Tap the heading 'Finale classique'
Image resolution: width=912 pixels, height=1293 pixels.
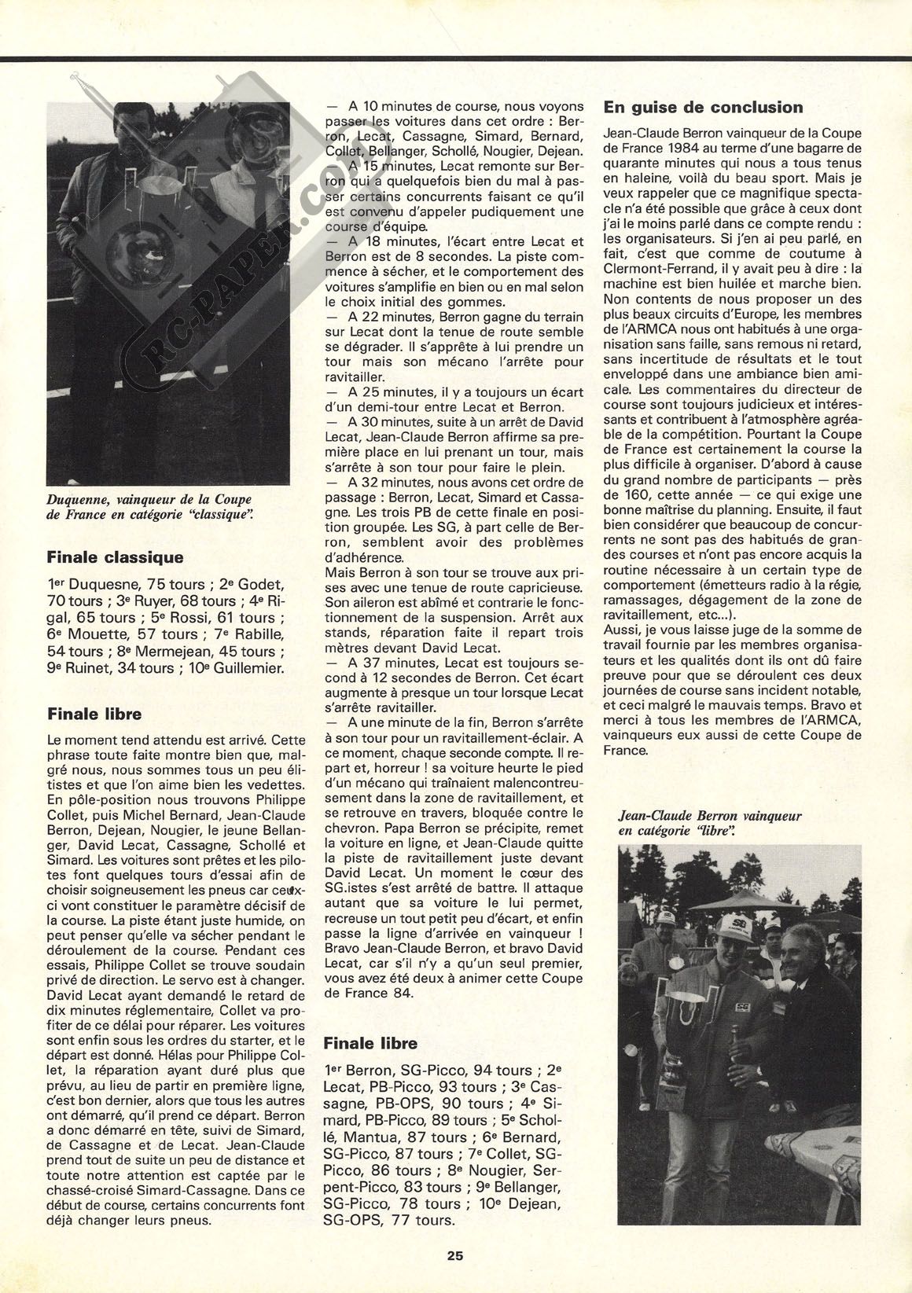coord(115,557)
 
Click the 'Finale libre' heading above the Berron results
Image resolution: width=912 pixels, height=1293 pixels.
coord(370,1043)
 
